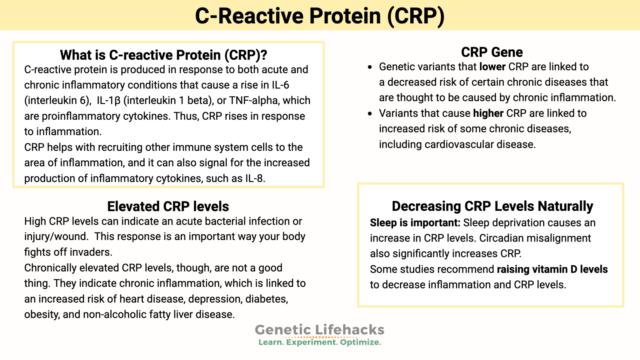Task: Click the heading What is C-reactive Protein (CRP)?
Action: (x=163, y=55)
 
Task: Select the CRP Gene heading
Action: (x=492, y=52)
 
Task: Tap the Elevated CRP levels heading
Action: (x=168, y=207)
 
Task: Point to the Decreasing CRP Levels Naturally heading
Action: (x=492, y=206)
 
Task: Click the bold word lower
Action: (x=492, y=67)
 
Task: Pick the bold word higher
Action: (x=488, y=113)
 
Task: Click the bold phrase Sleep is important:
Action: (x=415, y=223)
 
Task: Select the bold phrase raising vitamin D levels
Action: (x=552, y=269)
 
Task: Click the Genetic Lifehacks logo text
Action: (x=319, y=330)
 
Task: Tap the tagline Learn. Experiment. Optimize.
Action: (x=319, y=342)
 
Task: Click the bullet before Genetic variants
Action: (x=370, y=67)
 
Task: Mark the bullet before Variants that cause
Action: (x=370, y=114)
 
